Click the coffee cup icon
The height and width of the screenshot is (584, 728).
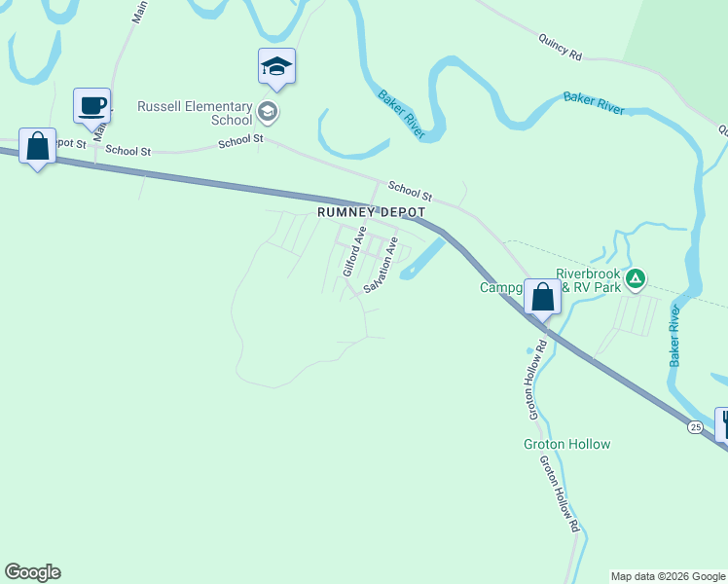click(x=91, y=106)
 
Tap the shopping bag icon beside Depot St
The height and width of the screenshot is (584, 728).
click(x=37, y=146)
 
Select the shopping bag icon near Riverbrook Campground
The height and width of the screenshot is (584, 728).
click(x=543, y=296)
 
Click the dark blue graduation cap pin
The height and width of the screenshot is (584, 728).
click(x=276, y=67)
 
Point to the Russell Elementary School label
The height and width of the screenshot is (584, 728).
click(x=195, y=113)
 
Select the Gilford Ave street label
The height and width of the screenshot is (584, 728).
click(x=352, y=250)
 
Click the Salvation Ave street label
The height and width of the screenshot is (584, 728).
click(x=382, y=265)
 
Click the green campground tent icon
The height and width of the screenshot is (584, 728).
click(x=635, y=279)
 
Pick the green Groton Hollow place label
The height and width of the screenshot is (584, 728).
click(x=565, y=444)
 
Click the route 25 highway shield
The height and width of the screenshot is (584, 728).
click(x=694, y=426)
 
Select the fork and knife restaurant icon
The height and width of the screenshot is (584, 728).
click(x=723, y=422)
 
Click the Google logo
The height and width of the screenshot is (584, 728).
click(x=32, y=572)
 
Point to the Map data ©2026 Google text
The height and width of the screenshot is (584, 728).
click(x=668, y=576)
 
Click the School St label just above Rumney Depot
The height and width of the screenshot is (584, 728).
click(x=409, y=191)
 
